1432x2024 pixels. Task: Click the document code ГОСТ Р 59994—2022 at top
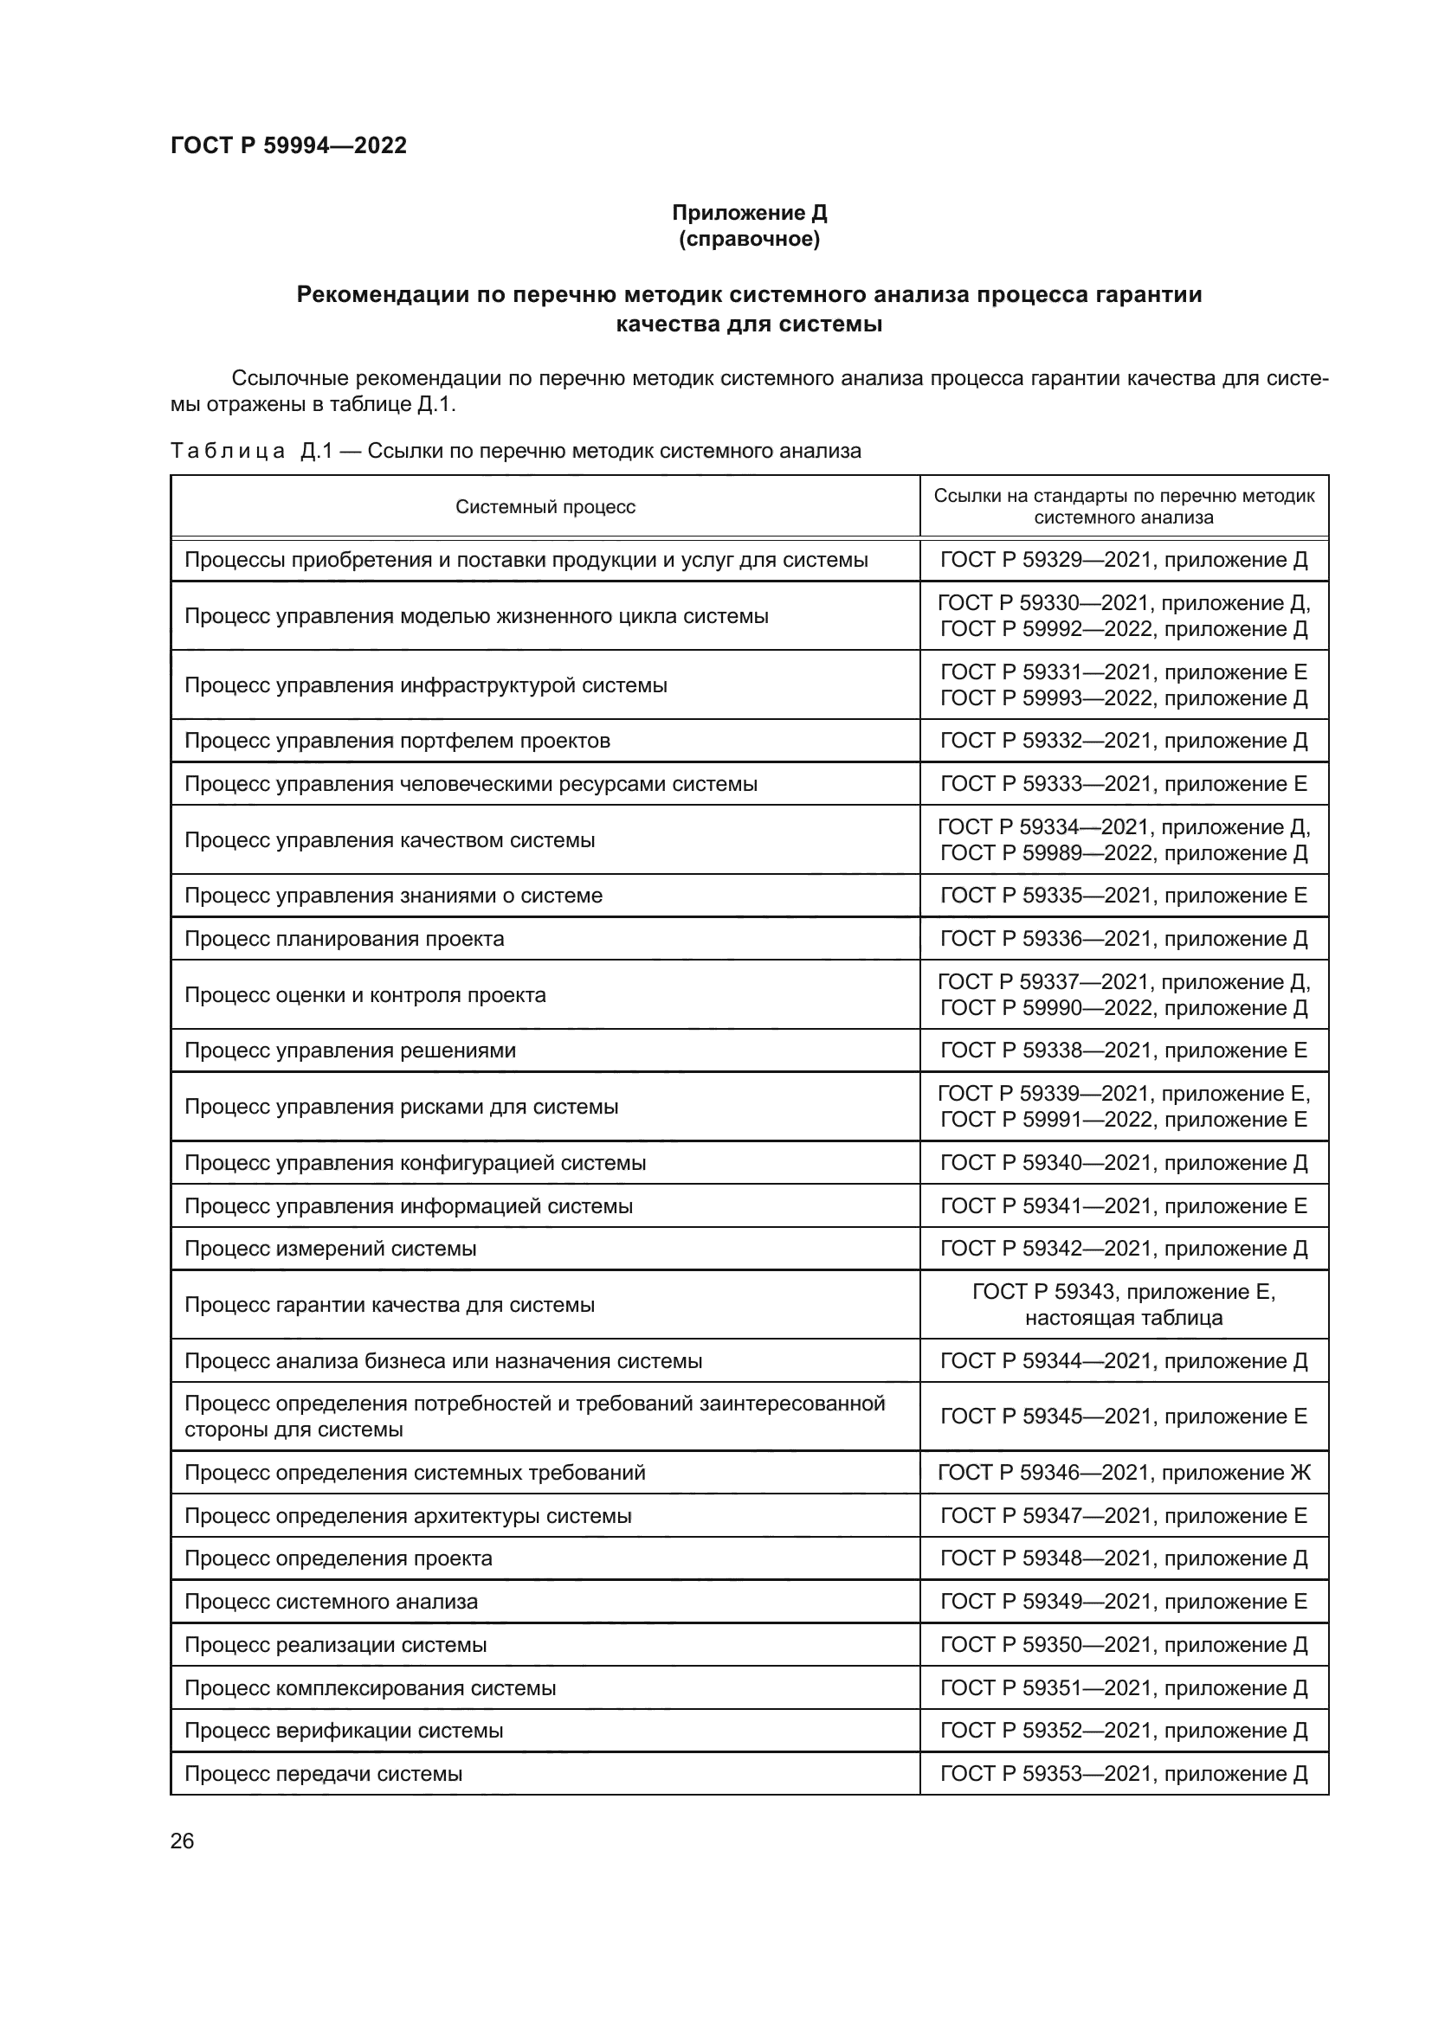pos(288,145)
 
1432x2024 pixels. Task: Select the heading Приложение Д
pos(750,213)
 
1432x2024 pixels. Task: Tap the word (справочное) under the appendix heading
pos(750,239)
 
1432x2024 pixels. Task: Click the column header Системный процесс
pos(545,507)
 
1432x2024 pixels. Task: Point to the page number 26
pos(182,1841)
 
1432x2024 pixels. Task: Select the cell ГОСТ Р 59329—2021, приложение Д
pos(1124,560)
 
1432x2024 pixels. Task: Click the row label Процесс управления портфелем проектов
pos(397,741)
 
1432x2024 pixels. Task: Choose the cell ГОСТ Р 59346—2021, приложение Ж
pos(1124,1472)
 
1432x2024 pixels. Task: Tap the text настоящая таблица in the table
pos(1124,1318)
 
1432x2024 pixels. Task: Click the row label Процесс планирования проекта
pos(344,939)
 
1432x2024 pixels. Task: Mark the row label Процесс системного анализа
pos(331,1602)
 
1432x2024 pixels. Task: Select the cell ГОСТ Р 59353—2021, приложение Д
pos(1124,1774)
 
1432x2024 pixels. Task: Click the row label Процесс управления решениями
pos(350,1051)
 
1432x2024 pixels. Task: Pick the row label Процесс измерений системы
pos(330,1249)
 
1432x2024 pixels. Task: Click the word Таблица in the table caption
pos(228,452)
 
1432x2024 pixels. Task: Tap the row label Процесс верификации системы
pos(343,1731)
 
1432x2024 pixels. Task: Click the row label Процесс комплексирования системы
pos(370,1688)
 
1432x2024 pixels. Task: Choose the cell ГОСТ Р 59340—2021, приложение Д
pos(1124,1163)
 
